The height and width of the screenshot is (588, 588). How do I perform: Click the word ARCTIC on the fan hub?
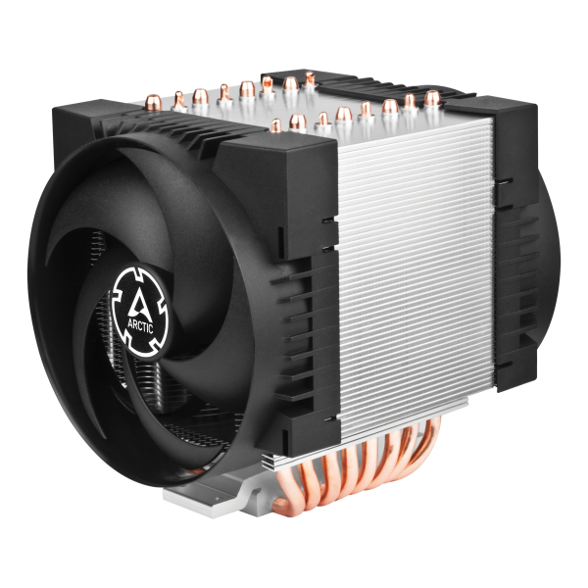click(x=140, y=325)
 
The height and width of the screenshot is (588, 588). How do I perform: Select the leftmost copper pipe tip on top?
click(x=154, y=102)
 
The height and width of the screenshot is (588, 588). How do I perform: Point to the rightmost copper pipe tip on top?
click(x=432, y=98)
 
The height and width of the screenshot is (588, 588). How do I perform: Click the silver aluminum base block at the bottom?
click(x=210, y=496)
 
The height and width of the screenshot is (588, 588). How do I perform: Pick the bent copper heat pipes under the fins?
click(x=357, y=468)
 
